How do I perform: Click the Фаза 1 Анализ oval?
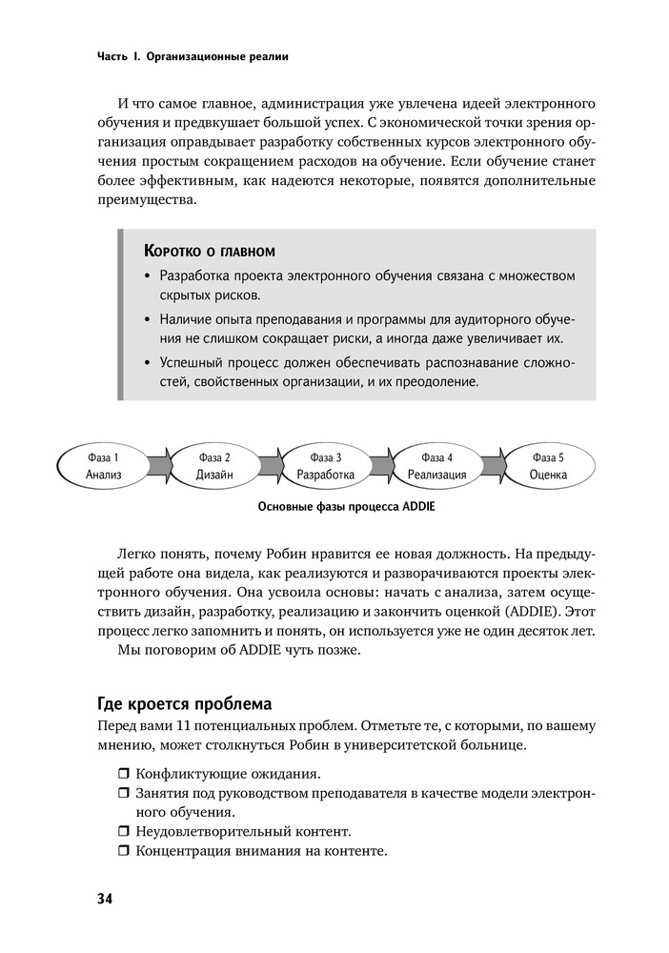pos(103,465)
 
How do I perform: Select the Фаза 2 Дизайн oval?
pos(214,465)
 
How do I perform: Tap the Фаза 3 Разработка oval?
pos(326,465)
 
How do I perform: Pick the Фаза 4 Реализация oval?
pos(436,465)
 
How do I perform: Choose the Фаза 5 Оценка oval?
pos(548,465)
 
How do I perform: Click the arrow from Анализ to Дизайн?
pos(159,465)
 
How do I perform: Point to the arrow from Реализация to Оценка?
pos(493,465)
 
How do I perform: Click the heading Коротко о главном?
pos(209,252)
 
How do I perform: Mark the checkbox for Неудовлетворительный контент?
pos(124,832)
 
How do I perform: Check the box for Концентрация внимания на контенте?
pos(124,851)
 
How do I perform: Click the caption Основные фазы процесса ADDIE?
pos(346,507)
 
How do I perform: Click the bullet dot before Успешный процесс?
pos(147,363)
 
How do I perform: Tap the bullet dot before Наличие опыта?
pos(147,319)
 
